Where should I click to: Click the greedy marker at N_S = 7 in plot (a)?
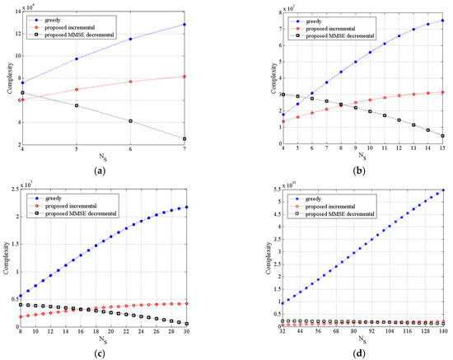click(x=207, y=25)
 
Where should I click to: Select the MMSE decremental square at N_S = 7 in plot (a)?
click(x=207, y=138)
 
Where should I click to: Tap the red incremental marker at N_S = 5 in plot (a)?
click(x=77, y=89)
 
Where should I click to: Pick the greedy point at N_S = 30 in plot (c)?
click(x=208, y=207)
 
